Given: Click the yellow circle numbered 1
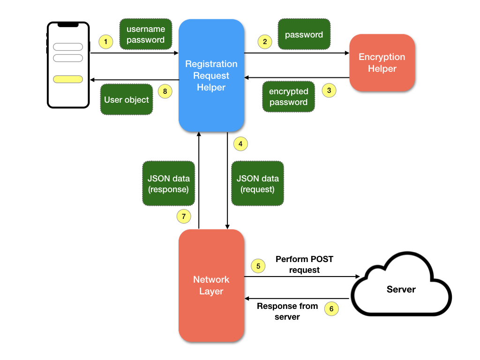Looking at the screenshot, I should [x=106, y=42].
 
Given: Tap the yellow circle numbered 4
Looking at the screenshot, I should [x=240, y=144].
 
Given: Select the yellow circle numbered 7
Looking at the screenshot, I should [x=184, y=216].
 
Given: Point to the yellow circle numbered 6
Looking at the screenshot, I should [x=331, y=309].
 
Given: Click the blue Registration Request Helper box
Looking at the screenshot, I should [x=211, y=75].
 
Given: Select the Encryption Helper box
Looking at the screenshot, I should [x=382, y=63].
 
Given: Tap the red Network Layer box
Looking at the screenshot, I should [x=211, y=285].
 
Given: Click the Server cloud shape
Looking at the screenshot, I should [x=401, y=289].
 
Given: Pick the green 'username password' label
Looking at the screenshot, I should [x=145, y=34].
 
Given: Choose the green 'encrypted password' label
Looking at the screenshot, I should [x=288, y=97].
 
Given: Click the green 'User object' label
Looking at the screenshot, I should [x=127, y=99].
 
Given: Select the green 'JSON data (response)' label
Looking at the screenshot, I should [x=168, y=184].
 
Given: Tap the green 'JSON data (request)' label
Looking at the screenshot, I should [x=257, y=184].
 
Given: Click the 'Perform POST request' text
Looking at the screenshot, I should [x=304, y=264].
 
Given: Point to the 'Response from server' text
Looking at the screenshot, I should [x=287, y=311].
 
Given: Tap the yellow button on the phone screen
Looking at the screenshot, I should [x=68, y=79].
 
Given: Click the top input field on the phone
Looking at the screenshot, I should [x=68, y=47].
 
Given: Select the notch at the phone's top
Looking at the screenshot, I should [x=68, y=24].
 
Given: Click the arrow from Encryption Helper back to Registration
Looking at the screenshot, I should [x=297, y=77].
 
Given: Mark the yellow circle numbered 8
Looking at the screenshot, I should [x=165, y=91].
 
